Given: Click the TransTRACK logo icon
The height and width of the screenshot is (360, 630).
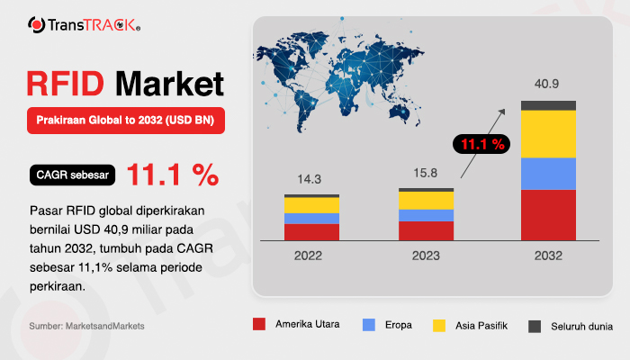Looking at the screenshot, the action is tap(37, 25).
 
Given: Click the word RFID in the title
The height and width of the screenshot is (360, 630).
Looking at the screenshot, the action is tap(66, 84).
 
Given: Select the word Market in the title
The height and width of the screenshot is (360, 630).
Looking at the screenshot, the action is tap(169, 84).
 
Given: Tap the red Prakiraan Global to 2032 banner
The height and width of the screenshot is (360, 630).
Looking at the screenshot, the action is tap(126, 120).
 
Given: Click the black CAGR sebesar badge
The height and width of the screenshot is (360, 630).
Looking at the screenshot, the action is tap(72, 175).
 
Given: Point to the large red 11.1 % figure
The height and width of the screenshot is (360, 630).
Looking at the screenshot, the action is tap(173, 175).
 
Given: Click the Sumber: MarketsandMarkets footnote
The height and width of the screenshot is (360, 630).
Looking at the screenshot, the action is tap(86, 326).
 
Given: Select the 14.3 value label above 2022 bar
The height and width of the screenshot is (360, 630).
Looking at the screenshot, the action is tap(309, 179).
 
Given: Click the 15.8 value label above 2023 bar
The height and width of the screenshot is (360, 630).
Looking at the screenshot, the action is tap(426, 173).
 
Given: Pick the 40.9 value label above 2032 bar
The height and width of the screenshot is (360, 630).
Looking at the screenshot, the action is tap(546, 84).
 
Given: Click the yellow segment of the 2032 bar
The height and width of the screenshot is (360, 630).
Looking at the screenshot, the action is tap(548, 134).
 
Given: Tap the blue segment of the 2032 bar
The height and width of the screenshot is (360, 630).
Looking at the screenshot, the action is tap(548, 174).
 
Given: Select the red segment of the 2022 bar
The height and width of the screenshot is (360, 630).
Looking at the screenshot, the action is tap(311, 232).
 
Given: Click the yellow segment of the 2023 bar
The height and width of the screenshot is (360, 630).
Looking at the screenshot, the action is tap(427, 201).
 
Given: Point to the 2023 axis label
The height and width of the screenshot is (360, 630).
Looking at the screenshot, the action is tap(426, 256).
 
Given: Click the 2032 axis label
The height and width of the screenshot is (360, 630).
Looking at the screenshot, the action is tap(548, 256).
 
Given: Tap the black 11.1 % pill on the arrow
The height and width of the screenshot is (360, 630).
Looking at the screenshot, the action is tap(481, 144).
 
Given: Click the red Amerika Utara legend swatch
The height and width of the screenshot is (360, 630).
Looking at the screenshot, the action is tap(259, 324).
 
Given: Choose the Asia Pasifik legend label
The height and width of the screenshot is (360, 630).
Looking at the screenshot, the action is tap(481, 326).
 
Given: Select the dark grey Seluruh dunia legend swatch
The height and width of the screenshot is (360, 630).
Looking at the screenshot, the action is tap(535, 326).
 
